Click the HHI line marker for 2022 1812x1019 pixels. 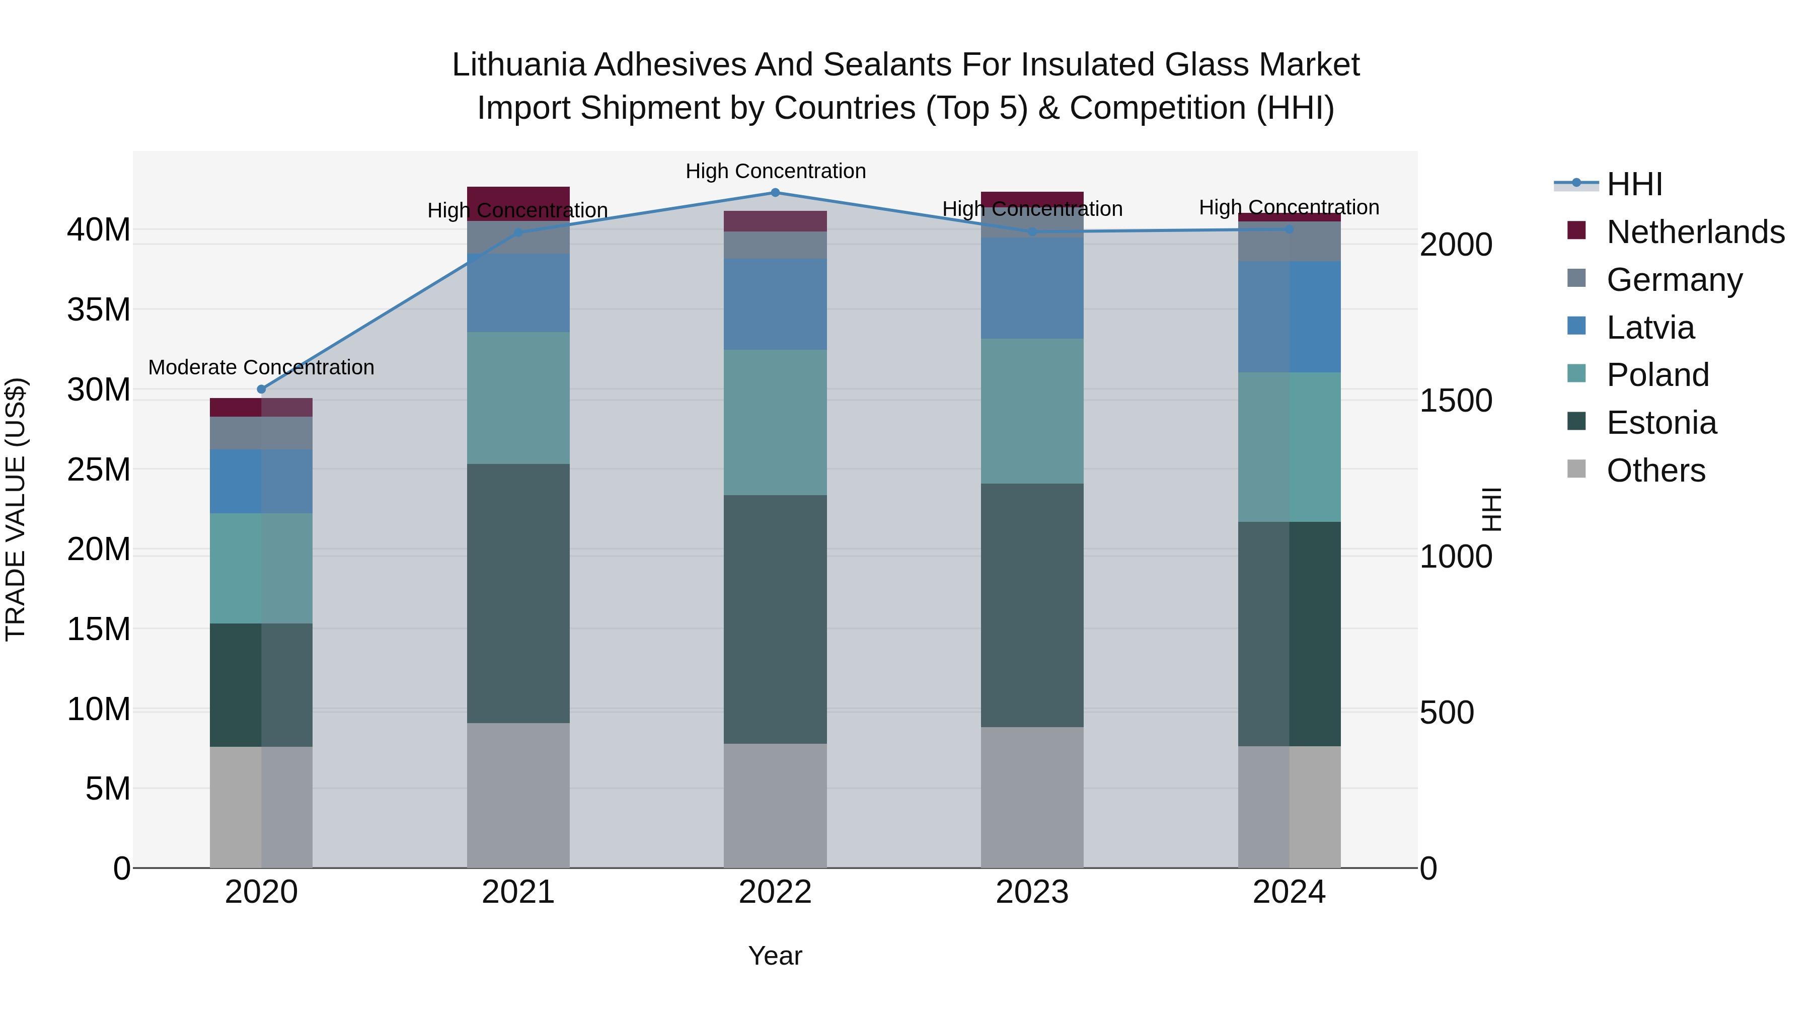(x=775, y=193)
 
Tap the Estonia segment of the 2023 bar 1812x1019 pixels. (x=1032, y=605)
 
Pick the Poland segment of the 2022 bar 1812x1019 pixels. (x=775, y=422)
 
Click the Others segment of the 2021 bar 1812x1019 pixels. (x=518, y=795)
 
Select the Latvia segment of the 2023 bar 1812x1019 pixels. (x=1032, y=288)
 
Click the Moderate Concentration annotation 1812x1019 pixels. (x=261, y=367)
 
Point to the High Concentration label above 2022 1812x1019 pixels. (x=775, y=171)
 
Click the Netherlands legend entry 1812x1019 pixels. (x=1695, y=231)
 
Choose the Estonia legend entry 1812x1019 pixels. (x=1662, y=423)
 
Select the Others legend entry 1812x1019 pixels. (x=1656, y=471)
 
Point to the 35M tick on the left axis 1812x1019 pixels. (x=99, y=309)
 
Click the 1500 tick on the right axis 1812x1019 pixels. (x=1455, y=401)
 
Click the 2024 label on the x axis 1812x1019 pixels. (x=1289, y=892)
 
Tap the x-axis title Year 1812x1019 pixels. (x=775, y=956)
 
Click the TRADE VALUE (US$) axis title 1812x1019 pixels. (x=16, y=509)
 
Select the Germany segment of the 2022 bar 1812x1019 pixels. (x=775, y=245)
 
